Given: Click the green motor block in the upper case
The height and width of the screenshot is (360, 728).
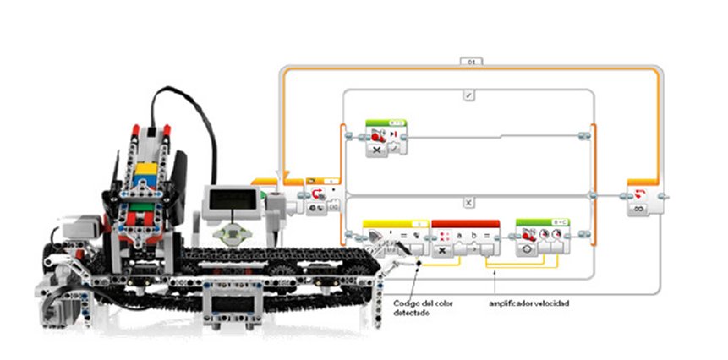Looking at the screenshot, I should pos(386,137).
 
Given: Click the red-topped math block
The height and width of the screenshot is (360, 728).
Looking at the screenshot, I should pos(465,239).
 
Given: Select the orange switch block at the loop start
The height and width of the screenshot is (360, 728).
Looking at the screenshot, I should pos(319,197).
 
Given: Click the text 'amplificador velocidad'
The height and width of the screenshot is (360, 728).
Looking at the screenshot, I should pos(530,302).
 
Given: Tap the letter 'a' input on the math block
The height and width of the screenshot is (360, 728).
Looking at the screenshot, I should pos(459,234).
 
